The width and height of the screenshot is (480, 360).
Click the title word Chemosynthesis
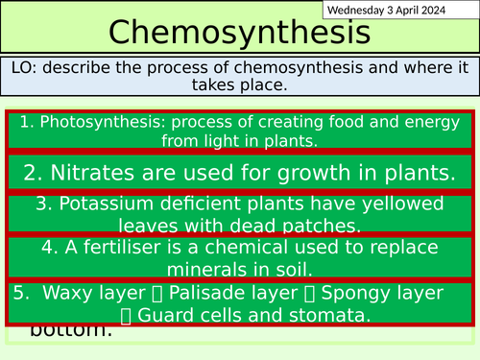pyautogui.click(x=239, y=34)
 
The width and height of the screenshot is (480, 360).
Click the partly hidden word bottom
pyautogui.click(x=71, y=331)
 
